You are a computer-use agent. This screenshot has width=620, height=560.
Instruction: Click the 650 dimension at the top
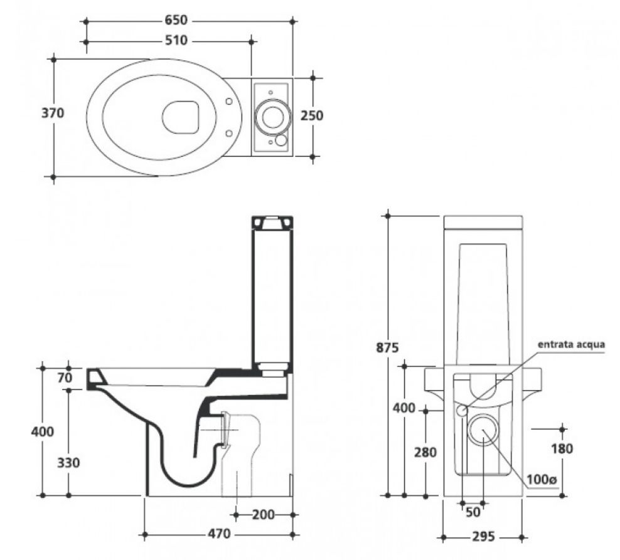[x=180, y=21]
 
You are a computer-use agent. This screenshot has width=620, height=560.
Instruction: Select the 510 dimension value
[x=176, y=41]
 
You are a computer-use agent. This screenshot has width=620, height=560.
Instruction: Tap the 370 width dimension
[x=53, y=114]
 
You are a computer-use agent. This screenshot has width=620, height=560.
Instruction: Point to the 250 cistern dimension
[x=312, y=116]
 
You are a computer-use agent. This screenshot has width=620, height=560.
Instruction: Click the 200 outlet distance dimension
[x=264, y=515]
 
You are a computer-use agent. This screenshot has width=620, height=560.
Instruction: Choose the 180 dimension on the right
[x=562, y=449]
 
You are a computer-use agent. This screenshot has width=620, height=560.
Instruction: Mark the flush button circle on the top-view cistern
[x=272, y=115]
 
